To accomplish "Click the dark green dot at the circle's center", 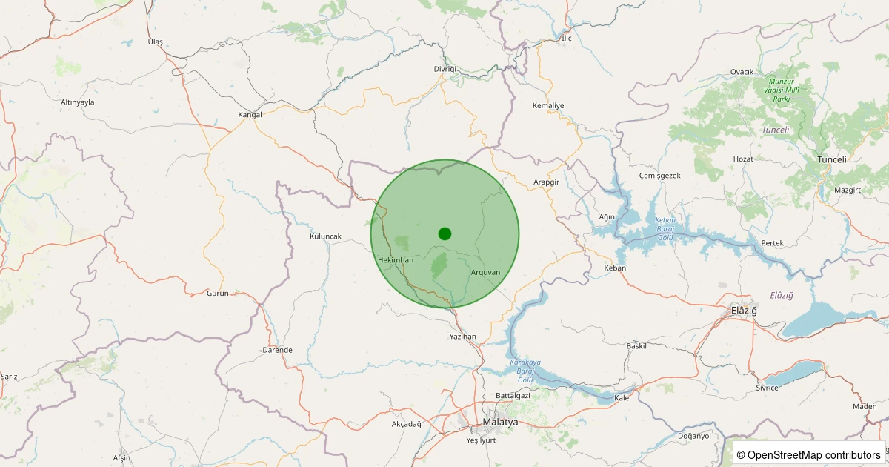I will click(444, 233).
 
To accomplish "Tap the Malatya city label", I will click(500, 422).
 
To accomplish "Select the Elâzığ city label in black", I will click(744, 310).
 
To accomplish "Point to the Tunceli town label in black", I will click(831, 159).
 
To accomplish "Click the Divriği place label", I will click(445, 69).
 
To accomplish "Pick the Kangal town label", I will click(250, 115).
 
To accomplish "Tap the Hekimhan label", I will click(395, 260).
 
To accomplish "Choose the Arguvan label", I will click(485, 272).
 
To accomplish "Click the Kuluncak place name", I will click(325, 236).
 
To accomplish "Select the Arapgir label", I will click(545, 182).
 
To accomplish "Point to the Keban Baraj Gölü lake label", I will click(664, 229).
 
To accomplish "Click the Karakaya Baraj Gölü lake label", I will click(525, 371).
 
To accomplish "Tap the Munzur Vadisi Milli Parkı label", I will click(787, 90).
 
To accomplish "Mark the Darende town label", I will click(278, 350).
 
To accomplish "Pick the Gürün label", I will click(219, 294).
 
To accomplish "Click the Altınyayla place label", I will click(78, 102).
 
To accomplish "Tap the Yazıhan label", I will click(463, 337).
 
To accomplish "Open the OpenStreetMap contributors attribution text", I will click(809, 454).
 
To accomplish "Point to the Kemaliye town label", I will click(548, 105).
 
